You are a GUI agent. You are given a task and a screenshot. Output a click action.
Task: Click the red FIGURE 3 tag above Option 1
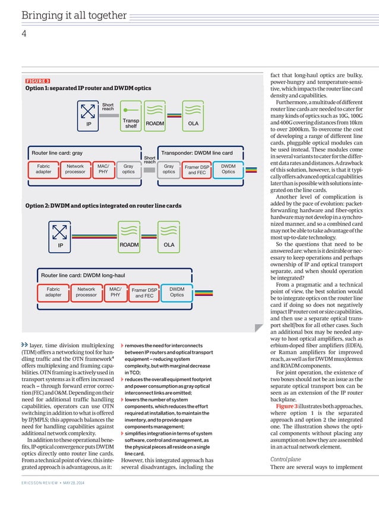point(37,81)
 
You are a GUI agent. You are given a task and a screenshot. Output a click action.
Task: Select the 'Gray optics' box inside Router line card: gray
point(128,169)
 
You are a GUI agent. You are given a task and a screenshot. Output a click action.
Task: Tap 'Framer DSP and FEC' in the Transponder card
point(197,170)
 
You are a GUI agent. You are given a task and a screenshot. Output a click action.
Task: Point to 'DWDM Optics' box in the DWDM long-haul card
point(177,292)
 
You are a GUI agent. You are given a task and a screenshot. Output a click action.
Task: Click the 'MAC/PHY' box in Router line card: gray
point(103,169)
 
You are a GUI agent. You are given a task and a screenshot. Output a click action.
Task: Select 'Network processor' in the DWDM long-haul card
point(86,292)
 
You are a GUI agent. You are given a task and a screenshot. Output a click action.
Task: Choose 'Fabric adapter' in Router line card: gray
point(43,169)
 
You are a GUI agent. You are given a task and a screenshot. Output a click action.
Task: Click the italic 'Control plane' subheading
point(286,458)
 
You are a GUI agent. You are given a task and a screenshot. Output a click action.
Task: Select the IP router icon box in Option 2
point(60,237)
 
